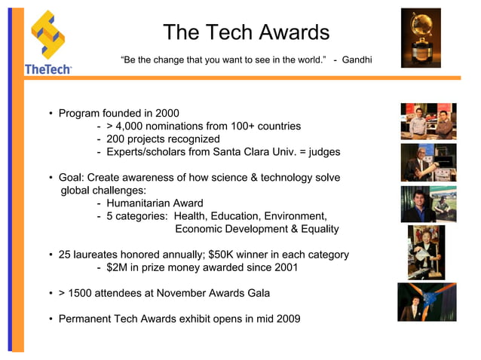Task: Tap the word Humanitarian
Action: coord(139,203)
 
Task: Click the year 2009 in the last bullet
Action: coord(287,319)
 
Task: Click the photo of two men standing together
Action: coord(427,121)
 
